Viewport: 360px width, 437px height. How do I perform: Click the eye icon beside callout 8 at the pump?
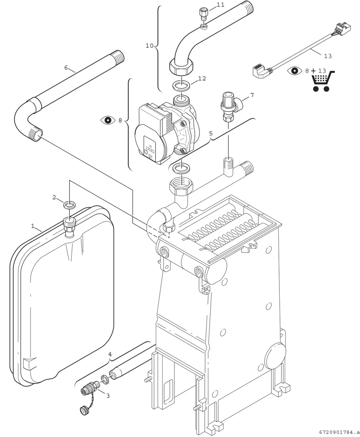(108, 120)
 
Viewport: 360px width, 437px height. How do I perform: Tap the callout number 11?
(220, 5)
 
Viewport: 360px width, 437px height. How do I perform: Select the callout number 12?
(202, 78)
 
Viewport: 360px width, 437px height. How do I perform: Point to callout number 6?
(66, 68)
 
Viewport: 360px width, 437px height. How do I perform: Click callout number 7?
(252, 95)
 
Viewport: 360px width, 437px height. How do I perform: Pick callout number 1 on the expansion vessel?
(32, 226)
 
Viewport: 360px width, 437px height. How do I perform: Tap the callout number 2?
(54, 197)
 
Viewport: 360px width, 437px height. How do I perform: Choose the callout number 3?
(108, 396)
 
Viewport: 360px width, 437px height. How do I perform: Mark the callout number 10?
(149, 46)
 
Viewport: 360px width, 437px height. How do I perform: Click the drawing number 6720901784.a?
(339, 432)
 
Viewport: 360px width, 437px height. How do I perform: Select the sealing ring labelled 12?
(181, 85)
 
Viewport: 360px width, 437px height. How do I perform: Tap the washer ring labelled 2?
(69, 205)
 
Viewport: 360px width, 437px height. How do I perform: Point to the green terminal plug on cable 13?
(342, 28)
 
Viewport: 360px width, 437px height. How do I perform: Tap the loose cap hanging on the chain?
(84, 411)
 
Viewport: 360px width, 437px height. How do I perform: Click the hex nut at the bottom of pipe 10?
(181, 67)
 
